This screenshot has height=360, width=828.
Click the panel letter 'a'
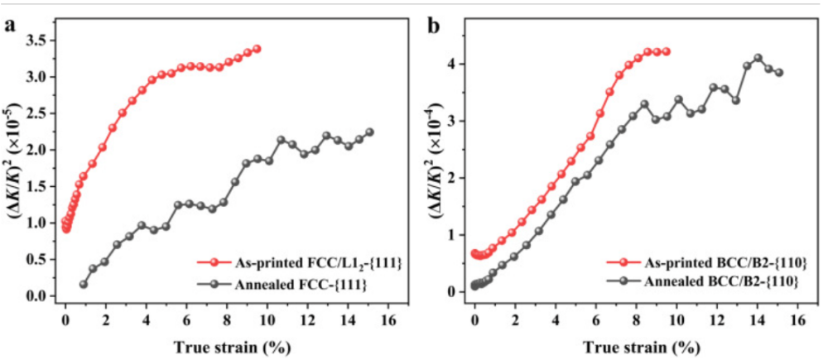[11, 25]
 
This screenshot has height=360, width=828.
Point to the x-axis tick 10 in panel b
[676, 317]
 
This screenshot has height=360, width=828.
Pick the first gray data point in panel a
[83, 285]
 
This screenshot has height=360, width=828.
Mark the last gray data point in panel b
[779, 73]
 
